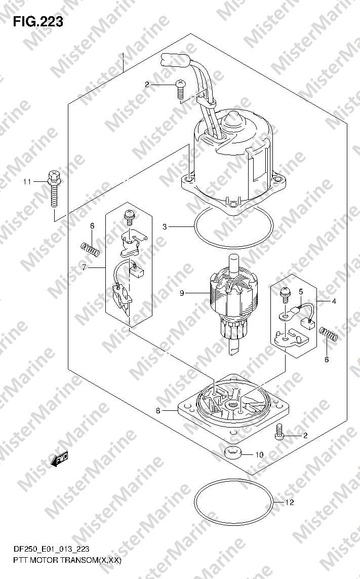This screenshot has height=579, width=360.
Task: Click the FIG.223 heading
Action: pos(37,22)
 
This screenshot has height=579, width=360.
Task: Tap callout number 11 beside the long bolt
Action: pos(27,182)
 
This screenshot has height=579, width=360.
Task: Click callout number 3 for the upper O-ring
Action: pos(165,227)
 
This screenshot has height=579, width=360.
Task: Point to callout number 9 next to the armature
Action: pos(182,293)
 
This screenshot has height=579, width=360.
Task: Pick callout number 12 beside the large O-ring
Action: pos(290,502)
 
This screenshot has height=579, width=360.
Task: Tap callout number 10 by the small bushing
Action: pos(259,454)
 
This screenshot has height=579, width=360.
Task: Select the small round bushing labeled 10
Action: pos(232,453)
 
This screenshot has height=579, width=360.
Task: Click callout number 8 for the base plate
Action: pos(158,410)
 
